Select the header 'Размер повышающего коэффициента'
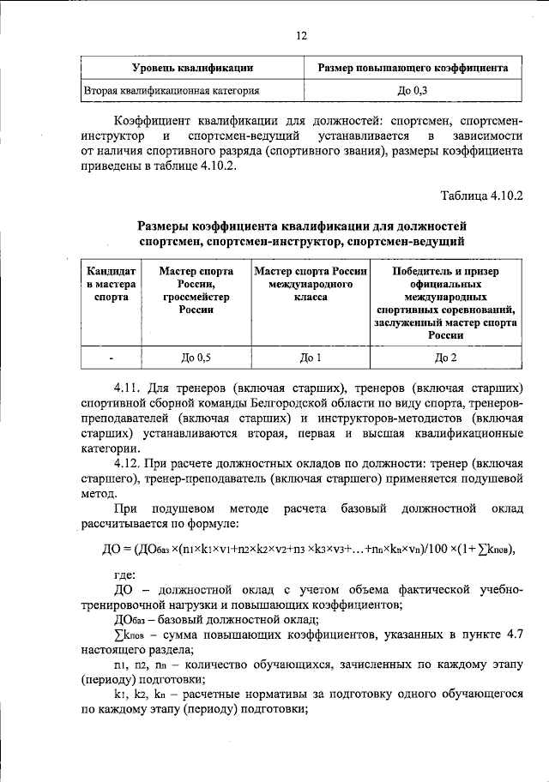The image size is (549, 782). click(x=413, y=67)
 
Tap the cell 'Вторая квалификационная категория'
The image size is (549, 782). click(x=172, y=89)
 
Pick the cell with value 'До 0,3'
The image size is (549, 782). click(x=413, y=89)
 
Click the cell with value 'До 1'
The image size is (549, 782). click(x=311, y=358)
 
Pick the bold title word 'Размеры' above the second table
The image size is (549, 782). click(x=167, y=226)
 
